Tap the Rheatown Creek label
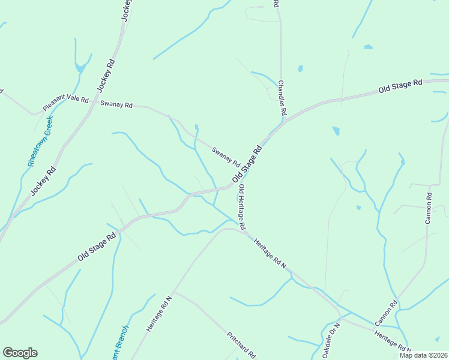click(x=40, y=142)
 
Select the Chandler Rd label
click(x=282, y=98)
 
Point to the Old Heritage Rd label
click(x=241, y=208)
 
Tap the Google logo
click(x=20, y=353)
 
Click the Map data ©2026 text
click(x=423, y=355)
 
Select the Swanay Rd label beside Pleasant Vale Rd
click(x=116, y=104)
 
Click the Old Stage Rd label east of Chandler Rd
click(x=400, y=86)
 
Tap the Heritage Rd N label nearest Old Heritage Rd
click(x=271, y=254)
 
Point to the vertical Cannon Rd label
click(x=429, y=208)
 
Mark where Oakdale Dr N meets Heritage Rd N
click(x=341, y=317)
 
